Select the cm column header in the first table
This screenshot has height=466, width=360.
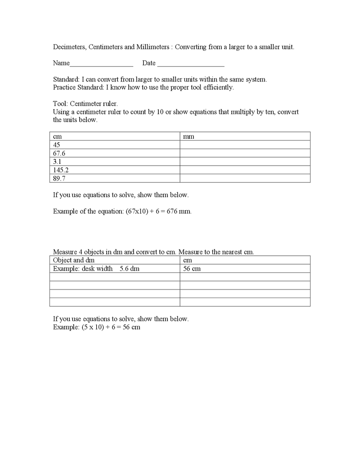pos(57,136)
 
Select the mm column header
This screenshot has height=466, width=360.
pos(189,136)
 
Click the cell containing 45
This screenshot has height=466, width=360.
pos(57,145)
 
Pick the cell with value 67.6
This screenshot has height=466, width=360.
pos(59,153)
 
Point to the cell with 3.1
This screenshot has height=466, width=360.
pos(57,162)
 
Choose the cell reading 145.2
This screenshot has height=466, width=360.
pos(61,170)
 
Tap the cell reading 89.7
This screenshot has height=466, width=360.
pos(59,178)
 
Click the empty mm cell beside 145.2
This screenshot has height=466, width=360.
pos(245,170)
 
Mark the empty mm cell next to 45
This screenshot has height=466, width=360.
pos(245,145)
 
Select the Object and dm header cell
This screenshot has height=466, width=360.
pos(74,260)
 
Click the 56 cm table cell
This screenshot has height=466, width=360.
pos(192,269)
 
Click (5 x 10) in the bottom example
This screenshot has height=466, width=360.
pos(94,327)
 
